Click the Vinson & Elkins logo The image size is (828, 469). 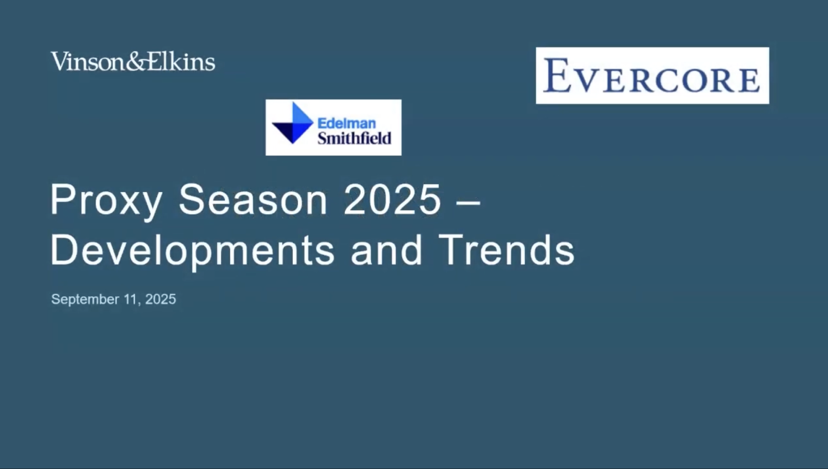click(x=133, y=61)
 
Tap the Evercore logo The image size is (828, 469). click(x=652, y=76)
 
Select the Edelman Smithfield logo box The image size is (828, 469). click(x=333, y=128)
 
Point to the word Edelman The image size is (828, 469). click(x=347, y=123)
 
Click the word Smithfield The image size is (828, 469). click(x=354, y=138)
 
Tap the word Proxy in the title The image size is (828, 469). click(x=106, y=202)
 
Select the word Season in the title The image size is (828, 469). click(x=253, y=200)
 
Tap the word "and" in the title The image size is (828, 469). click(x=386, y=250)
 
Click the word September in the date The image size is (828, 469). click(x=85, y=300)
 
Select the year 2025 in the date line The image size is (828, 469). click(x=161, y=299)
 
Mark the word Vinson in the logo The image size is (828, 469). click(x=88, y=61)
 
